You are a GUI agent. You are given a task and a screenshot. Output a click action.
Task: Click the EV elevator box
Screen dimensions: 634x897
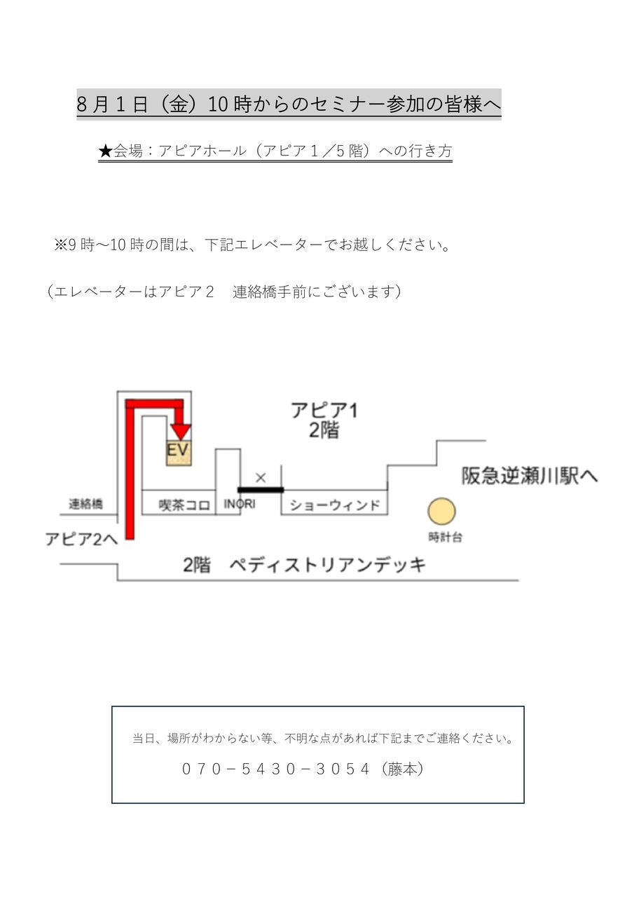point(179,452)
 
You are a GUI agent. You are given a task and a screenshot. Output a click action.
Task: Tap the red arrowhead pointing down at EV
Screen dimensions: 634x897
point(181,430)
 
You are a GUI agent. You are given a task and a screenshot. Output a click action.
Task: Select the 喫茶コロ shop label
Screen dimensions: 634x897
point(185,505)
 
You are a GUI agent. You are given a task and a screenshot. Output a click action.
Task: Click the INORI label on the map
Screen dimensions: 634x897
point(239,504)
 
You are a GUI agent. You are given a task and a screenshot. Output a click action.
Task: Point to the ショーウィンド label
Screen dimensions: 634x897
point(335,505)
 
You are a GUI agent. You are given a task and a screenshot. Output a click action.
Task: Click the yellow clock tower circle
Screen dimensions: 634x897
point(442,512)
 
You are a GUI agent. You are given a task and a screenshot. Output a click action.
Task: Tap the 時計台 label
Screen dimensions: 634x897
point(446,538)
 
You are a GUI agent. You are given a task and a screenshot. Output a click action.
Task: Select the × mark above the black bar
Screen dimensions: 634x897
point(261,478)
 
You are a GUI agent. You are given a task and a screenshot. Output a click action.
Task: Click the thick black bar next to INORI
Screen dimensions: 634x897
point(261,490)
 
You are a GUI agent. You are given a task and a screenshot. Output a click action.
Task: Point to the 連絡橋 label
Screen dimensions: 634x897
point(86,504)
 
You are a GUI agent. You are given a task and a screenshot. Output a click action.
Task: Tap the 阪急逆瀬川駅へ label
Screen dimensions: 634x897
point(530,477)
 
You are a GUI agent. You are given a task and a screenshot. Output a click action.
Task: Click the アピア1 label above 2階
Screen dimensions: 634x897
point(324,410)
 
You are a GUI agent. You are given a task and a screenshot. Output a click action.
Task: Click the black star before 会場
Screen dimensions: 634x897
point(105,151)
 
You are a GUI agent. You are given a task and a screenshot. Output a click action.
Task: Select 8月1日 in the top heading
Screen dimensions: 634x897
point(112,104)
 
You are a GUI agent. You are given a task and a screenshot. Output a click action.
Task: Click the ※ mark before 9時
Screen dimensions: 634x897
point(60,245)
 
